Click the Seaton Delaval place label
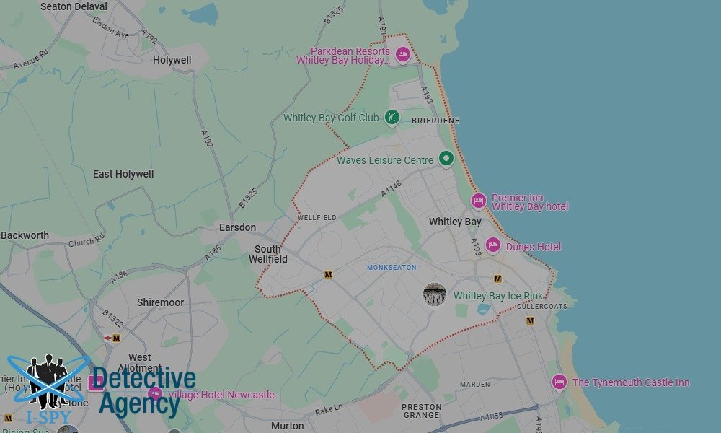click(74, 6)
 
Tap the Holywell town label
click(172, 60)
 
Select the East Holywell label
click(123, 174)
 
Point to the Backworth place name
click(25, 235)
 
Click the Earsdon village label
click(237, 227)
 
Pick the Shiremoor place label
click(160, 302)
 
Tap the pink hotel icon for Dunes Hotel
click(493, 246)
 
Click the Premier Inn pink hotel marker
click(479, 201)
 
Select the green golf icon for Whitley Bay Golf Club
click(392, 117)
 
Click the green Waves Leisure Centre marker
click(446, 159)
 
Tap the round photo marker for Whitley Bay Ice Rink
click(434, 294)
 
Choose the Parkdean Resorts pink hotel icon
click(402, 54)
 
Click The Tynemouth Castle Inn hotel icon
click(559, 382)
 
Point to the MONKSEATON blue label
click(392, 268)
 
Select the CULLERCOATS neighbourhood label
click(542, 306)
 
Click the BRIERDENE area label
click(435, 121)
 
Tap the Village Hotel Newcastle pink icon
click(154, 394)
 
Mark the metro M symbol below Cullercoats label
click(530, 320)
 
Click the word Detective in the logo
click(144, 380)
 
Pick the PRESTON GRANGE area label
click(421, 411)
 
